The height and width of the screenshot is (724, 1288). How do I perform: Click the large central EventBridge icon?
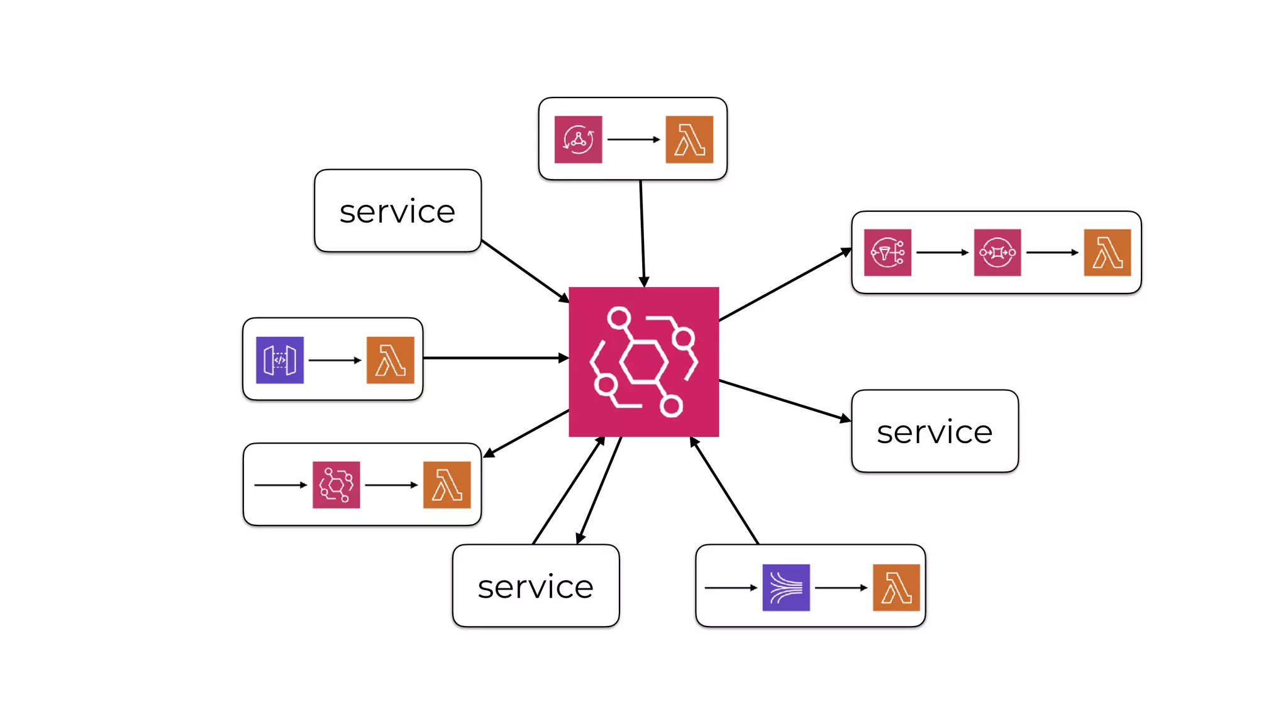point(643,361)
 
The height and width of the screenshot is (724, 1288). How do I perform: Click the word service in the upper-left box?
point(397,212)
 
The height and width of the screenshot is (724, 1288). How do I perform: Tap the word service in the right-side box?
point(935,432)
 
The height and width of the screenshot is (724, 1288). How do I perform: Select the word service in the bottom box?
point(535,587)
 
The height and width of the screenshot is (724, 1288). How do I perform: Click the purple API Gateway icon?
point(280,360)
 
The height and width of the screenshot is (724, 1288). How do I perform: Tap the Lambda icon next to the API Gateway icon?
point(390,360)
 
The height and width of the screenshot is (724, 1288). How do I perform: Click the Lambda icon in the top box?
point(689,140)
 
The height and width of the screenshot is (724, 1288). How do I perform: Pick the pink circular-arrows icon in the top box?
point(578,140)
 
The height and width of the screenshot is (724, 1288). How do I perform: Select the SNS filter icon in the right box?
point(887,253)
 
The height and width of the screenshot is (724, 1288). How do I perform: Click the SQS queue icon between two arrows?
point(997,253)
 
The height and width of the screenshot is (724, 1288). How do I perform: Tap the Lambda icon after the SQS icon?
point(1108,253)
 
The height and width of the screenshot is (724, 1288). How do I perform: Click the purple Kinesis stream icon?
point(786,588)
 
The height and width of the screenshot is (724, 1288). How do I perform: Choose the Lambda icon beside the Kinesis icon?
point(896,588)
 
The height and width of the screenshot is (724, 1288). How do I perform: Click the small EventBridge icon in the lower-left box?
point(336,485)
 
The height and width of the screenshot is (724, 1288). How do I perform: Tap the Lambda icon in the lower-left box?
point(447,485)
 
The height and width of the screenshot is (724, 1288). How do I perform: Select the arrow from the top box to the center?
point(642,233)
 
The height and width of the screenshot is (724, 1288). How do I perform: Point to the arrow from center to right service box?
point(784,400)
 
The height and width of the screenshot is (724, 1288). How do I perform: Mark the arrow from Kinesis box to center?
point(724,490)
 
